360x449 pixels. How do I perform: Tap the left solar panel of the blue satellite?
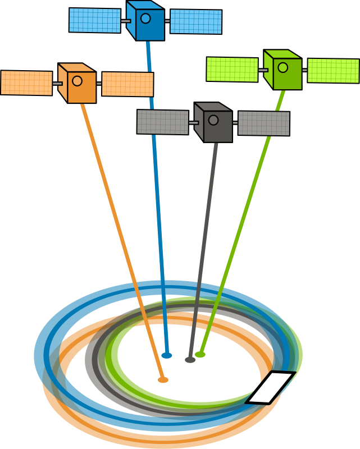tap(95, 20)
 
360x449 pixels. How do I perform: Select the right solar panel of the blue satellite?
tap(196, 22)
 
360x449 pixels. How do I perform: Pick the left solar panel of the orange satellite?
tap(26, 83)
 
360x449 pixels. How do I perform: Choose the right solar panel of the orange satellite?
tap(127, 84)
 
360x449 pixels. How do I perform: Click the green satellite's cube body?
tap(283, 71)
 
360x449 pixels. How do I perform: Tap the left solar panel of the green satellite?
tap(232, 69)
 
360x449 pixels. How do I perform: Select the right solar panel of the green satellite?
tap(333, 71)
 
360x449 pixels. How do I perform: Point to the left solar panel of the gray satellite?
tap(163, 122)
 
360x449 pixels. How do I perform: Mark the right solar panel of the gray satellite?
tap(264, 123)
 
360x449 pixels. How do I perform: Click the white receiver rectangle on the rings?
tap(271, 387)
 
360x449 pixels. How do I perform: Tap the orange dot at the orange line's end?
tap(163, 380)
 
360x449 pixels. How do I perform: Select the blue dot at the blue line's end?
tap(167, 355)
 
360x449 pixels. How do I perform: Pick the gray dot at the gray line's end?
tap(190, 360)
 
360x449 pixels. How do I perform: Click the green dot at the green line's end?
tap(200, 355)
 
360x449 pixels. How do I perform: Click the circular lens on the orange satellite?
tap(77, 81)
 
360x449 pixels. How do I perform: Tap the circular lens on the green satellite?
tap(282, 67)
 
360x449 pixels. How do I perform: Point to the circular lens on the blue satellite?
tap(145, 18)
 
